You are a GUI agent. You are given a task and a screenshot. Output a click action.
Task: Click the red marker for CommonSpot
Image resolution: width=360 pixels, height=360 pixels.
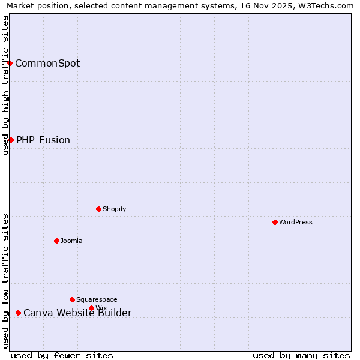[10, 63]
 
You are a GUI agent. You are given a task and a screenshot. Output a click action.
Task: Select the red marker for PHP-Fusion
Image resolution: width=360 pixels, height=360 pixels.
[11, 140]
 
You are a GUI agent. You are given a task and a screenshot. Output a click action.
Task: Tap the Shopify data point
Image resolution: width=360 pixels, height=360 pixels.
[98, 209]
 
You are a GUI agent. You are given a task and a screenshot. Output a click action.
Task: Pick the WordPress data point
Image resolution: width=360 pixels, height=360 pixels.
[275, 222]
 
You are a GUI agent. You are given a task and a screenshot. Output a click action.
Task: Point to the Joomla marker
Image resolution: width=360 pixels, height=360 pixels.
[56, 241]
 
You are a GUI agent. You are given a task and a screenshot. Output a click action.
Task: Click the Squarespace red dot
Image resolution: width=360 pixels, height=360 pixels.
[72, 299]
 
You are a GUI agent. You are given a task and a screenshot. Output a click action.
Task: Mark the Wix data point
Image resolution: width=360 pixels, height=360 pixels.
[91, 308]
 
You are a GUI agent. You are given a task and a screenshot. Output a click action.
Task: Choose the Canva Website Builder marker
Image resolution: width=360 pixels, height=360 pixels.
[18, 313]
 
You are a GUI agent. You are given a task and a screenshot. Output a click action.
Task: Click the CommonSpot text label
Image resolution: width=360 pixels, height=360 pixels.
[47, 63]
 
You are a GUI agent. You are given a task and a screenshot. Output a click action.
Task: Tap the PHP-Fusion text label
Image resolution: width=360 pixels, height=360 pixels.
[43, 140]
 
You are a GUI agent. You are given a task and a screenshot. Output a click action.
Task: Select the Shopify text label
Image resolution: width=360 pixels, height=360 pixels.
[114, 209]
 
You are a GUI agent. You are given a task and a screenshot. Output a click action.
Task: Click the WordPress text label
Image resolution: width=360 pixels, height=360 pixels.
[296, 222]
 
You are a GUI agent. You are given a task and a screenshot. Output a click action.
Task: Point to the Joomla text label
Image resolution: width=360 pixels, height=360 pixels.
[71, 241]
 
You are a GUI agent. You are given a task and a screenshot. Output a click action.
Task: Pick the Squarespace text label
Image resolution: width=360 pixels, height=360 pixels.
[97, 299]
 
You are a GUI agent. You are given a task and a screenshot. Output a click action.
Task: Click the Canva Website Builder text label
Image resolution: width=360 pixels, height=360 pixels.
[77, 313]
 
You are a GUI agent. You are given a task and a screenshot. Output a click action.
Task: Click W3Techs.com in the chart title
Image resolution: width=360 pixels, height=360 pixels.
[323, 6]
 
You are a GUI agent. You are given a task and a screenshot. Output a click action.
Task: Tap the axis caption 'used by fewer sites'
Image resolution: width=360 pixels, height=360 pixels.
[62, 355]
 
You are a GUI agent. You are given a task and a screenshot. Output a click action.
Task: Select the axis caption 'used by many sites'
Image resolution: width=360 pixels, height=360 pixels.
[301, 355]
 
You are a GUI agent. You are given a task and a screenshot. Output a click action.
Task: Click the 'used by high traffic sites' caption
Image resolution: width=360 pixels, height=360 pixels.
[5, 85]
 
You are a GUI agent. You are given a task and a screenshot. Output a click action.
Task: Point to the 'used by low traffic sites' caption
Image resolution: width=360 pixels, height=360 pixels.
[5, 280]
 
